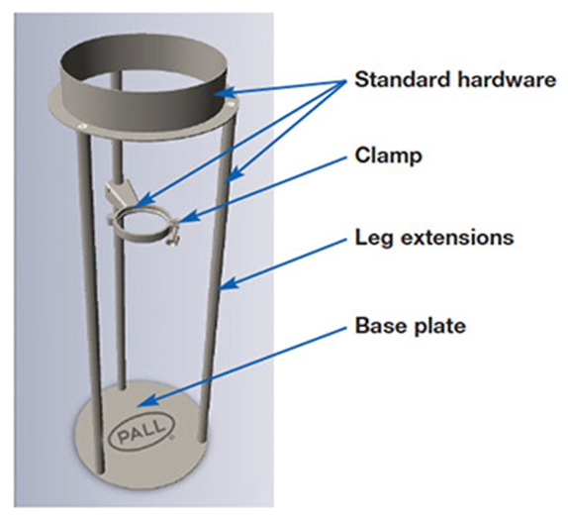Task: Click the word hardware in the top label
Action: pos(507,79)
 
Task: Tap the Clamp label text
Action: pos(388,156)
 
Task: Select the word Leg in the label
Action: pos(374,239)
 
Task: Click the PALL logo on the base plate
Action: pos(142,433)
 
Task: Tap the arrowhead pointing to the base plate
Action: pos(143,402)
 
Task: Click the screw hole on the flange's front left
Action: pos(82,126)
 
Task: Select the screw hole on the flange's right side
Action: pos(231,104)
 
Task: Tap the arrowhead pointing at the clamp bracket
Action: pos(143,200)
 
